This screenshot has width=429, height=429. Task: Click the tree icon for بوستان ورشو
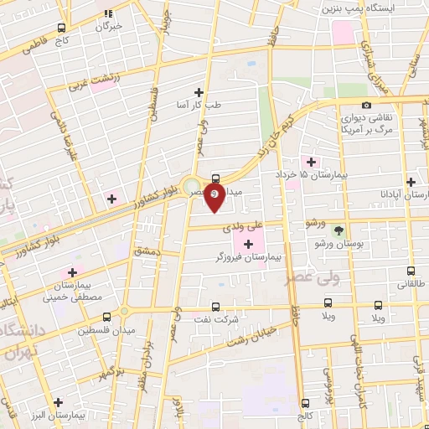pos(339,230)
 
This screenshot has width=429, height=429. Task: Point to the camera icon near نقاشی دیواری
pos(366,104)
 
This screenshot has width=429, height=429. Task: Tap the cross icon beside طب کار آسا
pos(199,92)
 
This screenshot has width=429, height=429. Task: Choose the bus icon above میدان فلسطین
pos(106,317)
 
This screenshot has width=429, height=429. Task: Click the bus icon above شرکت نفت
pos(216,307)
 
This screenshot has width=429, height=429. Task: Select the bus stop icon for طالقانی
pos(411,271)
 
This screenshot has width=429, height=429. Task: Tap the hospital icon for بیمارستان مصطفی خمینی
pos(72,272)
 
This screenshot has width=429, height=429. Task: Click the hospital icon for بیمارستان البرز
pos(58,401)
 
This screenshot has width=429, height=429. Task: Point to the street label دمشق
pos(144,251)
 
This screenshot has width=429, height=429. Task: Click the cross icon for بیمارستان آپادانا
pos(411,181)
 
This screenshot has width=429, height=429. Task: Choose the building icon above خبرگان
pos(108,13)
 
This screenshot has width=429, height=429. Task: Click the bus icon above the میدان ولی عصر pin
pos(216,178)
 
